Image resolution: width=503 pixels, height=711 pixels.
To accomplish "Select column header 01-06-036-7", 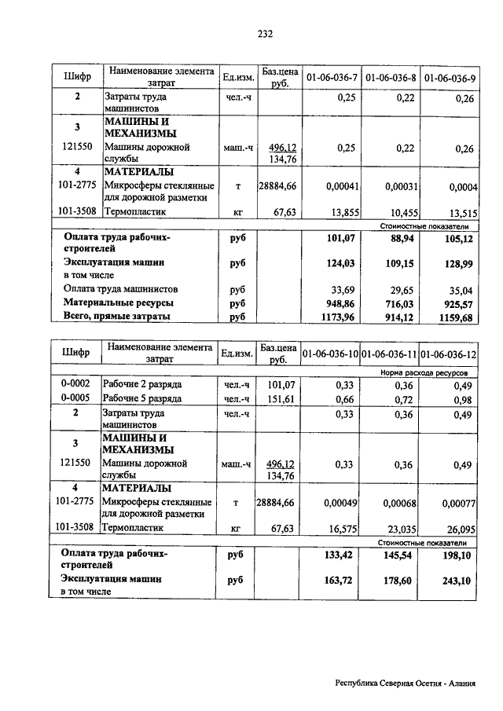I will pos(331,78).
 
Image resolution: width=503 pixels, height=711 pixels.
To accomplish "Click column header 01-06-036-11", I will pos(391,354).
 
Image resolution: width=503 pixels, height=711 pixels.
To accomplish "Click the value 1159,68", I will pos(457,317).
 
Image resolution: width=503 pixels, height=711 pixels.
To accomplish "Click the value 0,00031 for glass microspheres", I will pos(400,187).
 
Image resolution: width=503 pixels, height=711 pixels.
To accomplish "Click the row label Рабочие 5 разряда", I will pos(143,398).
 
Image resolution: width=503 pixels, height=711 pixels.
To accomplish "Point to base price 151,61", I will pos(280,398).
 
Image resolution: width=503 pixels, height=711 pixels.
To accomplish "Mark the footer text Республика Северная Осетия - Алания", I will pos(406,683).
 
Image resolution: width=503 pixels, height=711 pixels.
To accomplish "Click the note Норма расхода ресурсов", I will pos(424,371).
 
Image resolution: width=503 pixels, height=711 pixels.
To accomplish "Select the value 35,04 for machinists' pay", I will pos(459,288).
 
